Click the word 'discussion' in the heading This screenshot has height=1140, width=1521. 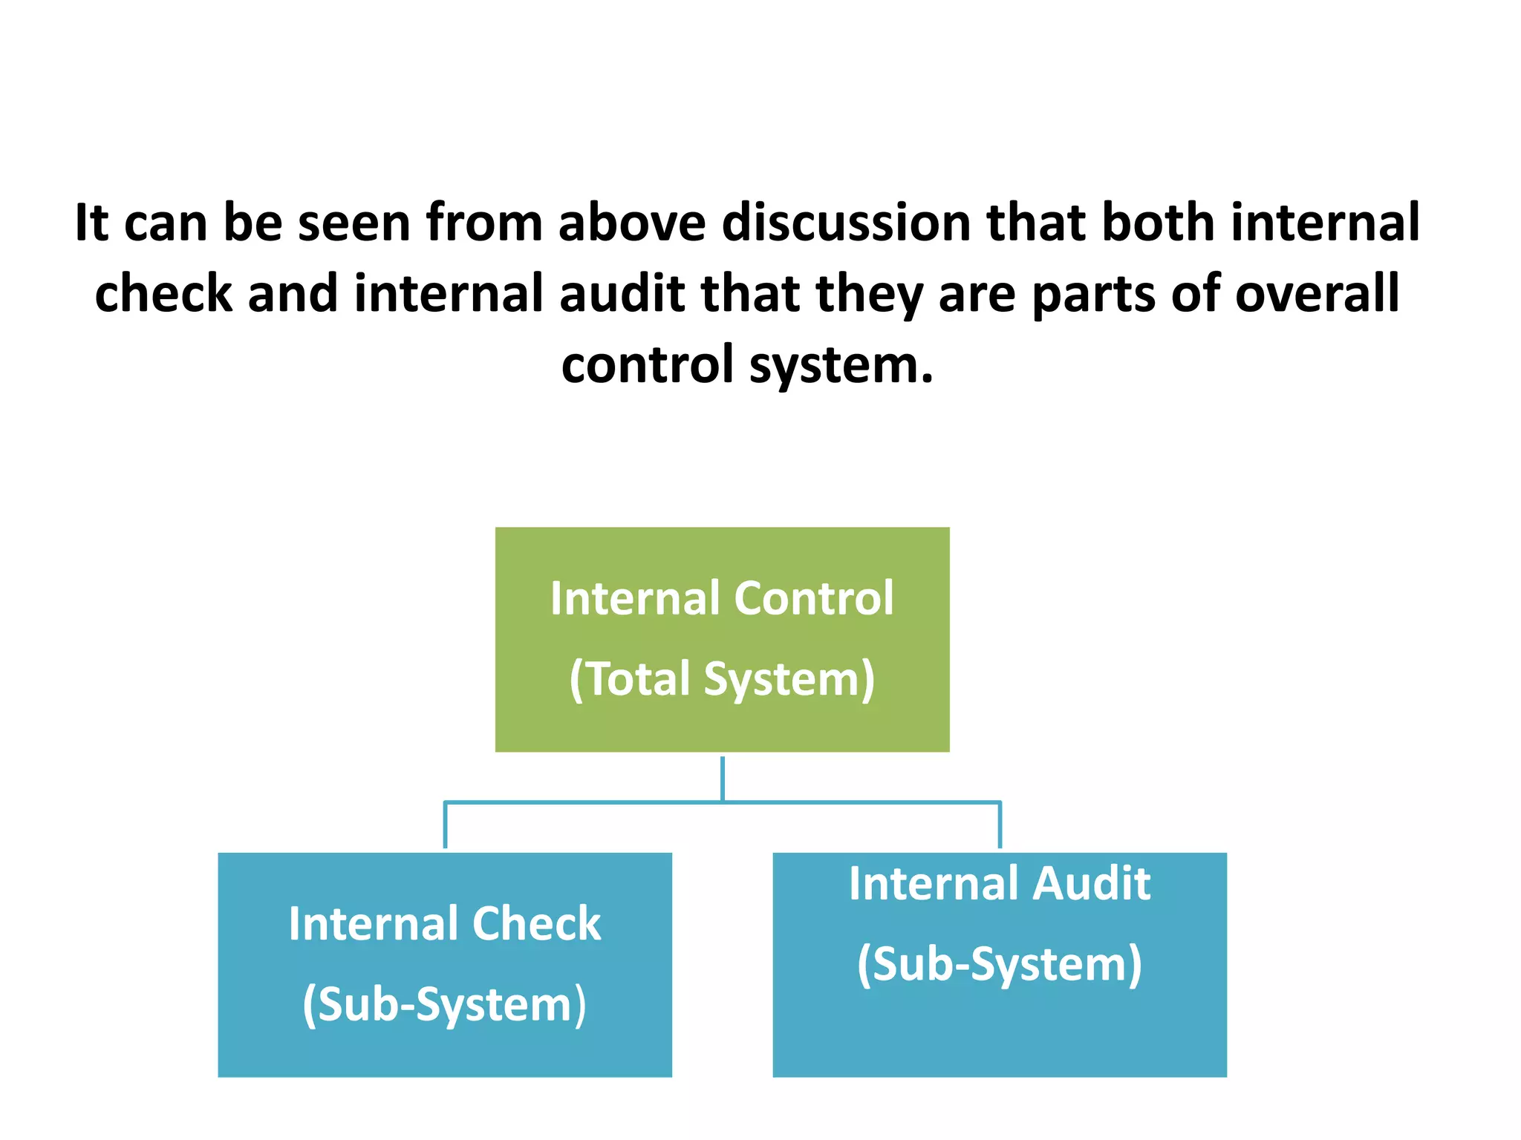point(846,223)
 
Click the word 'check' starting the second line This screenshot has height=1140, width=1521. point(163,293)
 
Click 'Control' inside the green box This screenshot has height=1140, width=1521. point(814,598)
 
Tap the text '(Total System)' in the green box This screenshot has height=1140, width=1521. point(722,679)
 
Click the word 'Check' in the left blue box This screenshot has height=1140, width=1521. point(536,924)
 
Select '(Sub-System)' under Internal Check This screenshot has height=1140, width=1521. point(444,1004)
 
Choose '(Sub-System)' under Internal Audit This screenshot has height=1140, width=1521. point(1000,965)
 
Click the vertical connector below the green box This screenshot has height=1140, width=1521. point(722,778)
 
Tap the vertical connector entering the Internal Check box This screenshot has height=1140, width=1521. point(445,825)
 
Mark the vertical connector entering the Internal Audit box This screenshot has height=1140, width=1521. point(1000,825)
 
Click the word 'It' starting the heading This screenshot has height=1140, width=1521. point(91,223)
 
